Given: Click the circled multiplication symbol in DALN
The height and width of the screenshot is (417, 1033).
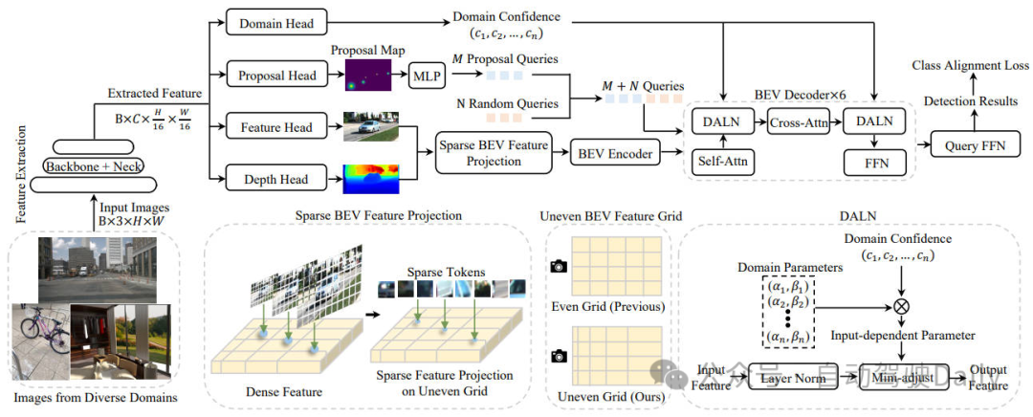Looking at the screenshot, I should [899, 308].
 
